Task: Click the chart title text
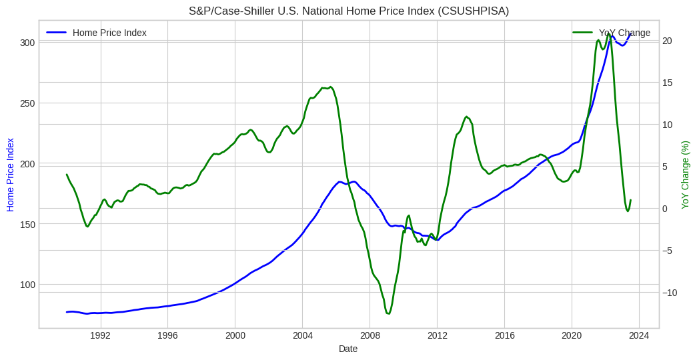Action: [349, 11]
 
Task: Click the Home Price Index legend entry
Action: [109, 33]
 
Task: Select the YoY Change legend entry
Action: [624, 33]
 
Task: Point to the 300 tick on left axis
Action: [27, 42]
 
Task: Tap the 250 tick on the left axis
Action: [27, 103]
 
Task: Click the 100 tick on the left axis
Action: [27, 285]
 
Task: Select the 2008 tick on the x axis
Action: [370, 335]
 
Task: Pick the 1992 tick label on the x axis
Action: [101, 335]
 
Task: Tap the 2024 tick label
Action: [639, 335]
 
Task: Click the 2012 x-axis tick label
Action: [438, 335]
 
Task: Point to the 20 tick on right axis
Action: [667, 41]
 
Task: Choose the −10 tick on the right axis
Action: [670, 293]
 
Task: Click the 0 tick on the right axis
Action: [666, 209]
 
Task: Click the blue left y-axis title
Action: [11, 175]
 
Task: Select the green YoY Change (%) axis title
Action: [685, 175]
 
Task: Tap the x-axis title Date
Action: [348, 349]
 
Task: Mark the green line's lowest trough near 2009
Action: [388, 313]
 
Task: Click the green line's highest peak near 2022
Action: [609, 35]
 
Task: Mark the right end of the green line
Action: [630, 200]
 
